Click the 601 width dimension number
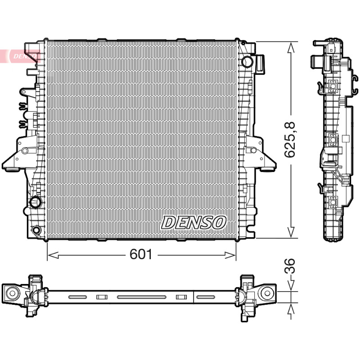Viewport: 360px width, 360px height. pyautogui.click(x=141, y=254)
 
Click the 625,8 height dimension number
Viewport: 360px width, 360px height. pyautogui.click(x=290, y=139)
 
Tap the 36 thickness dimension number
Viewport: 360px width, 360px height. pyautogui.click(x=290, y=266)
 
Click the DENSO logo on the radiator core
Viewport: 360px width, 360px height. pyautogui.click(x=193, y=222)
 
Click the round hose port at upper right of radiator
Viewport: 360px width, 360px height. pyautogui.click(x=247, y=61)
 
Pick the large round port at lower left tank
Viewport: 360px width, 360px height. pyautogui.click(x=35, y=202)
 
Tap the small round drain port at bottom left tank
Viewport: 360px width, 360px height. pyautogui.click(x=36, y=230)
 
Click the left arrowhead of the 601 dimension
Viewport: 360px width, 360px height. pyautogui.click(x=53, y=255)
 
